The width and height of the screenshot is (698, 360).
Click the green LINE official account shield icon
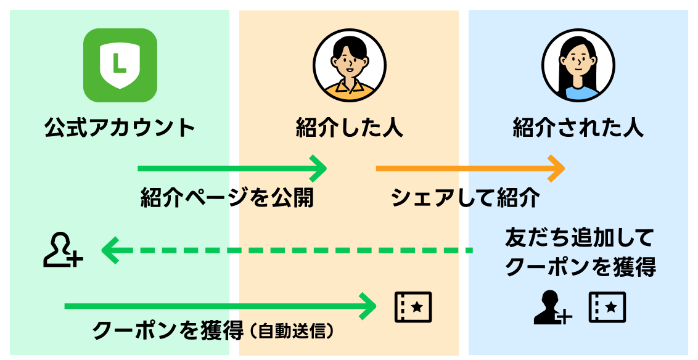coord(120,65)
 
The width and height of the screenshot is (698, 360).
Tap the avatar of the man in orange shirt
coord(349,65)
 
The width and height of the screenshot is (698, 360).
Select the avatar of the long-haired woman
coord(578,65)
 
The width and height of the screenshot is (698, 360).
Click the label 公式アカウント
coord(120,128)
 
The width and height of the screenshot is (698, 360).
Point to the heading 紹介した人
coord(349,128)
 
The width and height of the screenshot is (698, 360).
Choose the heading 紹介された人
coord(578,128)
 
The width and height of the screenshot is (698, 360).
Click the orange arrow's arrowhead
coord(557,168)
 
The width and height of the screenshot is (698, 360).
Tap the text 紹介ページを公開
coord(228,198)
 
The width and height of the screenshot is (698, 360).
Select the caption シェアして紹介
coord(466,198)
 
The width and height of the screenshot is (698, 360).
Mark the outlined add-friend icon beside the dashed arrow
coord(62,250)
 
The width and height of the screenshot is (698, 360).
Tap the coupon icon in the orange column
coord(413,306)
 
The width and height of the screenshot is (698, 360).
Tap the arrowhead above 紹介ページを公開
coord(319,168)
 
